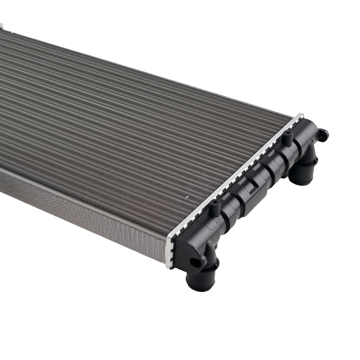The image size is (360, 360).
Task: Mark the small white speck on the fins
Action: [x=187, y=198]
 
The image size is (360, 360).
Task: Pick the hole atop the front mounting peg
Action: [x=215, y=202]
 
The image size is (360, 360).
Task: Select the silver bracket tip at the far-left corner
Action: [x=1, y=26]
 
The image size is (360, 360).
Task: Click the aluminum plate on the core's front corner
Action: [x=170, y=252]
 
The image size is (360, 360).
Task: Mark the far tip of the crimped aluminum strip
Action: [x=300, y=116]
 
